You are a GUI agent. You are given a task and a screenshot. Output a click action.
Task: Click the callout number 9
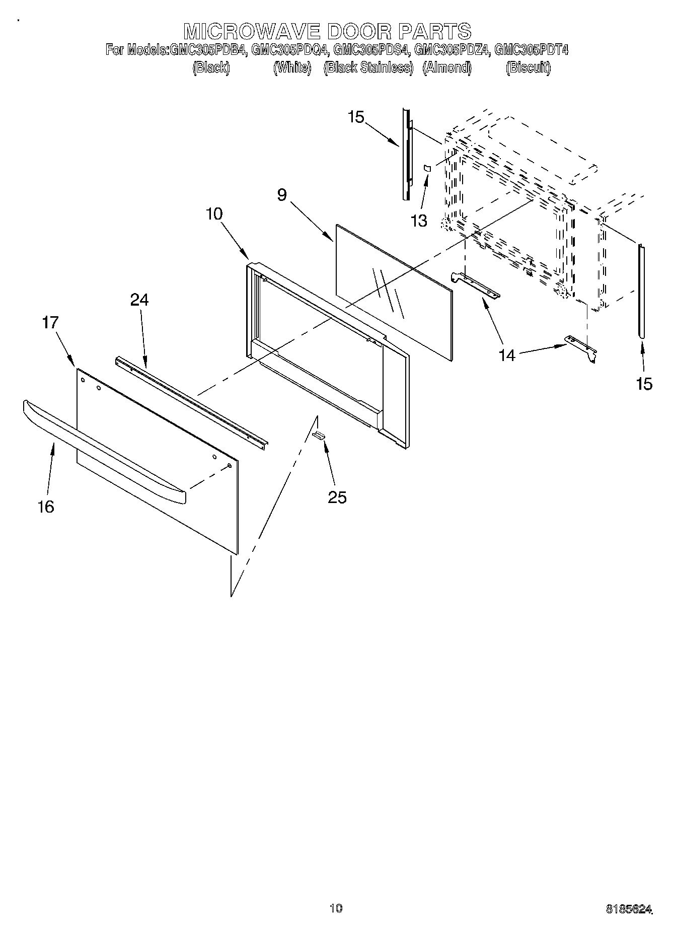pyautogui.click(x=282, y=195)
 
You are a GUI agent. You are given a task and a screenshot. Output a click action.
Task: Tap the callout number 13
pyautogui.click(x=419, y=221)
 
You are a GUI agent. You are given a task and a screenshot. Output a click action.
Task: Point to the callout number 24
pyautogui.click(x=139, y=300)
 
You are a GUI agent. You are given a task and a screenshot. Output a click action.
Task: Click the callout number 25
pyautogui.click(x=337, y=497)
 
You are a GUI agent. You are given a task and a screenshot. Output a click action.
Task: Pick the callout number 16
pyautogui.click(x=46, y=507)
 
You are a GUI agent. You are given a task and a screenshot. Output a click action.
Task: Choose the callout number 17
pyautogui.click(x=50, y=322)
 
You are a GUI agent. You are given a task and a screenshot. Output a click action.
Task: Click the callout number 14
pyautogui.click(x=507, y=355)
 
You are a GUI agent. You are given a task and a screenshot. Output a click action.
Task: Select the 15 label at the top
pyautogui.click(x=355, y=117)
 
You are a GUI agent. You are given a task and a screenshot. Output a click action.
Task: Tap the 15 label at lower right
pyautogui.click(x=644, y=384)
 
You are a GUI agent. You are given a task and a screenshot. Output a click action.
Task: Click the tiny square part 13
pyautogui.click(x=427, y=168)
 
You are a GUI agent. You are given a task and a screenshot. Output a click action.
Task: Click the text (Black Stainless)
pyautogui.click(x=368, y=67)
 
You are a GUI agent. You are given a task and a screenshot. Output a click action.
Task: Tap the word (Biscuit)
pyautogui.click(x=528, y=67)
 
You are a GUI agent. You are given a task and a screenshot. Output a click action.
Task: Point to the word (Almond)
pyautogui.click(x=447, y=67)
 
